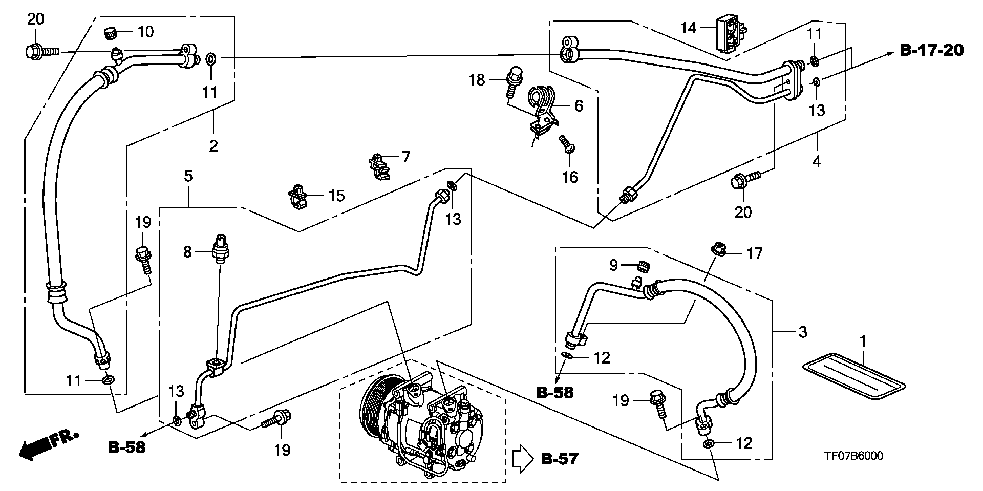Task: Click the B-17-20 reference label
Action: [x=931, y=50]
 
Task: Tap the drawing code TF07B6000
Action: [x=853, y=456]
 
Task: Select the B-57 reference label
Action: [x=560, y=459]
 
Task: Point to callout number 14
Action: [x=689, y=27]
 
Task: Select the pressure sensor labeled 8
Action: [x=221, y=249]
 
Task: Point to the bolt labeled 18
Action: [x=514, y=81]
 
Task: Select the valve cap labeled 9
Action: [x=645, y=266]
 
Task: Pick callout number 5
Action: [x=188, y=177]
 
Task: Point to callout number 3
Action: [x=803, y=332]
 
